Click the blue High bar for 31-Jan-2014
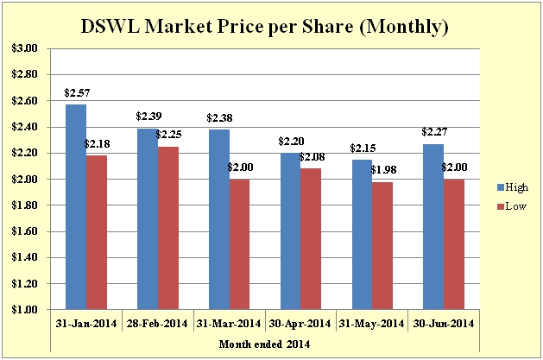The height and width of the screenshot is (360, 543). [76, 207]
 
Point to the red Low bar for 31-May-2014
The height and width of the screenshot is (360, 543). [382, 245]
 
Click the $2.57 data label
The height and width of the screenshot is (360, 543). [76, 92]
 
